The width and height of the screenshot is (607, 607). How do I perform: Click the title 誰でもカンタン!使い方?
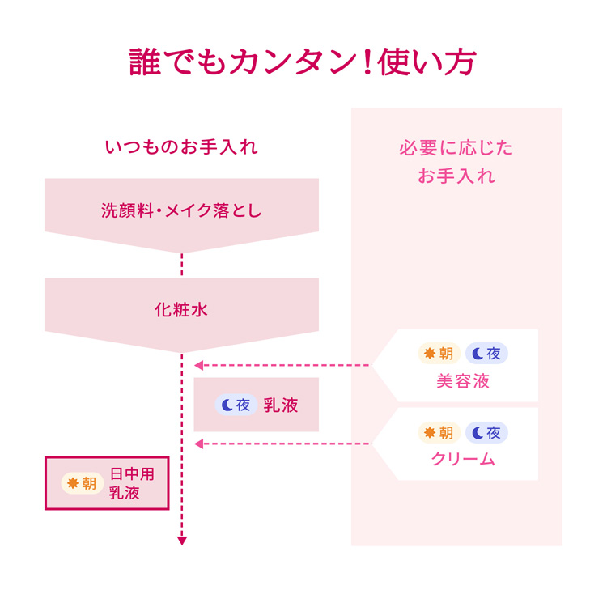point(303,62)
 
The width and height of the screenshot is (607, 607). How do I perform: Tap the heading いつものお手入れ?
point(181,147)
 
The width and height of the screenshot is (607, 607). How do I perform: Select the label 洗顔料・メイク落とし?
point(181,210)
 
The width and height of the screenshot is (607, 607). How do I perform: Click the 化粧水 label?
point(181,310)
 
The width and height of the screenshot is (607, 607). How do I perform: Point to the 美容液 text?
point(463,381)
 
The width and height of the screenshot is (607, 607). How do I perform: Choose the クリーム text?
point(463,459)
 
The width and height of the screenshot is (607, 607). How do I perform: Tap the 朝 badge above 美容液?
point(439,353)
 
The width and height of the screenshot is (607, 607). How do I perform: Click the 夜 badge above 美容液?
point(486,353)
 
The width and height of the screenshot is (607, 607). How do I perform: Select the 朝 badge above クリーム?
point(439,432)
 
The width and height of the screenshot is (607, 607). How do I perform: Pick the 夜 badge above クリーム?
point(486,432)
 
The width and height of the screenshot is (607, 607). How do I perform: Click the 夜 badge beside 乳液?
point(236,405)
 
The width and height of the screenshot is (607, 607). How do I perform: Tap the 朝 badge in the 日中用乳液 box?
point(82,483)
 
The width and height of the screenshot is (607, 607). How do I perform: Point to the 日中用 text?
point(132,473)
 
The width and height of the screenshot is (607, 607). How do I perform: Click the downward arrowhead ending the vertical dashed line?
point(182,541)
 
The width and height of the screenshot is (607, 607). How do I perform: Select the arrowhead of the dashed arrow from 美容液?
point(199,365)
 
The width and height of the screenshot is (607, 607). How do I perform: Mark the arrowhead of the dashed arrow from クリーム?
point(199,444)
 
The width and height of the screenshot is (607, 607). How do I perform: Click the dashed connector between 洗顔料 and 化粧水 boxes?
point(182,265)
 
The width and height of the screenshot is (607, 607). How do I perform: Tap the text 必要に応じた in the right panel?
point(456,148)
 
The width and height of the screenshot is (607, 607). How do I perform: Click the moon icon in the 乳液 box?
point(227,405)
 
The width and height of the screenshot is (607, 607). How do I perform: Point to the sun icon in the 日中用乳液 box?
point(73,483)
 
